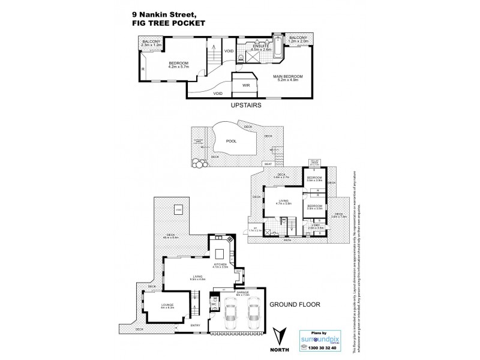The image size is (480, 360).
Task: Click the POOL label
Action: [230, 142]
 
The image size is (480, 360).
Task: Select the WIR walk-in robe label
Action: [246, 86]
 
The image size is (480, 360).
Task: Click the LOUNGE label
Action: [167, 305]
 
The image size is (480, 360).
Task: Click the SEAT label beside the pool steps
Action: [268, 164]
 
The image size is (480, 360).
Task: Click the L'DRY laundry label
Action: [316, 226]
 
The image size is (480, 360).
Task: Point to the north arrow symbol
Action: [277, 335]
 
